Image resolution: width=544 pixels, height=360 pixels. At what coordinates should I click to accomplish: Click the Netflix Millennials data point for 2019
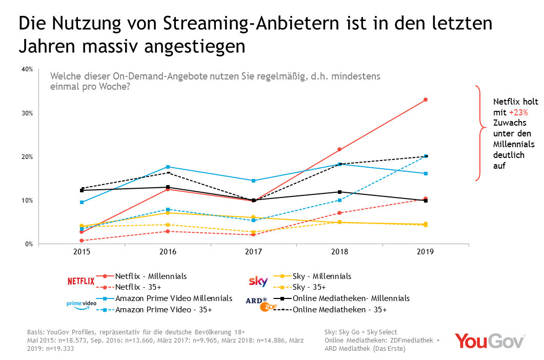point(426,99)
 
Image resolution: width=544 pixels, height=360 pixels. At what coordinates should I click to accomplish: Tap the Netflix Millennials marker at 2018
point(339,150)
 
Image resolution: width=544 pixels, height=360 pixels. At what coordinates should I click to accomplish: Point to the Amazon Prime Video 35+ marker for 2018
point(339,200)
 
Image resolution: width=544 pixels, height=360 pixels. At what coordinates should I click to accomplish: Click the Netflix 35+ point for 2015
point(82,241)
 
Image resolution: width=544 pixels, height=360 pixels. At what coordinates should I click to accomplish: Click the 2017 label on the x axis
point(254,252)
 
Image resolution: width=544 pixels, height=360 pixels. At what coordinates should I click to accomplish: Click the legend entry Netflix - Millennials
point(151,276)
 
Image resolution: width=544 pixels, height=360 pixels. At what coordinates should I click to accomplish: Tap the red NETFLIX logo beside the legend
point(81,281)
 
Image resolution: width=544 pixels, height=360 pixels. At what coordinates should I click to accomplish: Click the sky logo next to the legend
point(258,281)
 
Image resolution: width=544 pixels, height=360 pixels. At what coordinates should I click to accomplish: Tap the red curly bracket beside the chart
point(480,132)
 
